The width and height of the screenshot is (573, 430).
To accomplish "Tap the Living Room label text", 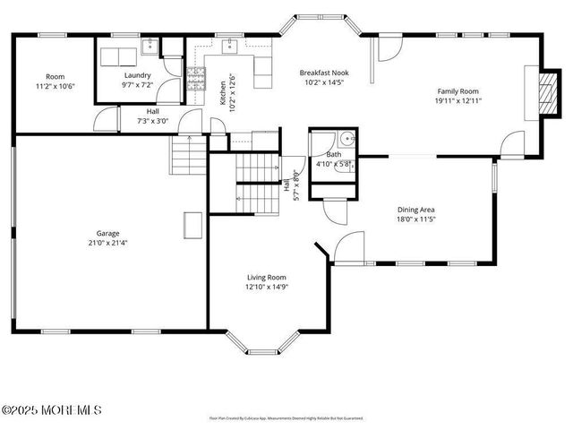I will [266, 278].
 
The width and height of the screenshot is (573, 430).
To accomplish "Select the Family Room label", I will [458, 91].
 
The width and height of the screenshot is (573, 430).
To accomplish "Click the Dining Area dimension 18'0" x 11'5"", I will [416, 219].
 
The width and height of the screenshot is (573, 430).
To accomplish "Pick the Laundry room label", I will [137, 75].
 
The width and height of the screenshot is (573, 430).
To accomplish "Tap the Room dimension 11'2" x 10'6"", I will [55, 86].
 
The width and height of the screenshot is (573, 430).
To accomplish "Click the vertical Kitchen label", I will [223, 90].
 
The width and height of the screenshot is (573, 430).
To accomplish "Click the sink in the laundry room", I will [150, 47].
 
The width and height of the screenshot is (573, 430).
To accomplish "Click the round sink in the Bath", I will [345, 140].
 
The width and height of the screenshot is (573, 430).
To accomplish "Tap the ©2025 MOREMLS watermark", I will [51, 409].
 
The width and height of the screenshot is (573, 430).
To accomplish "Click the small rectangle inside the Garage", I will [192, 222].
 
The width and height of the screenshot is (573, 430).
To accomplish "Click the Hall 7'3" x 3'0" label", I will [152, 116].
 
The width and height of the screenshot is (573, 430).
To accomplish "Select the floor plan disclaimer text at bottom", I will [286, 418].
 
